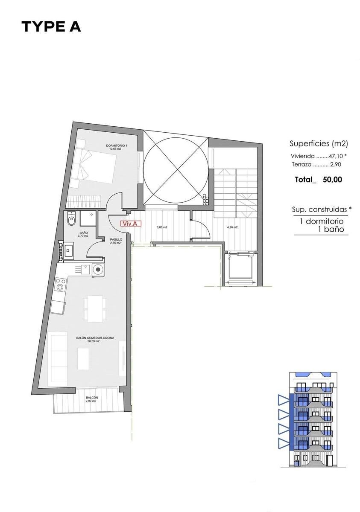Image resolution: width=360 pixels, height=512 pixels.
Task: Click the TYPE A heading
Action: [51, 27]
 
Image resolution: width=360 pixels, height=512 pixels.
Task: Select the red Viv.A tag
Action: [131, 224]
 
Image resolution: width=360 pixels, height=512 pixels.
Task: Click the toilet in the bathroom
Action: [71, 220]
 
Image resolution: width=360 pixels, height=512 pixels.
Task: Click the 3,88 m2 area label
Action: [162, 227]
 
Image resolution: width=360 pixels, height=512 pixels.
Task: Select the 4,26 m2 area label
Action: [232, 227]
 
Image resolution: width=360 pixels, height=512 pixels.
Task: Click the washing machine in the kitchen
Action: [98, 270]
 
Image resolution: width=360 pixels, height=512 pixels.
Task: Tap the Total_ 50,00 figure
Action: [319, 180]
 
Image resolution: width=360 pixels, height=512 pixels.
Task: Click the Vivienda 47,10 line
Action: [319, 156]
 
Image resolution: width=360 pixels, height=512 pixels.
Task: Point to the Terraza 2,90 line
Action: [316, 164]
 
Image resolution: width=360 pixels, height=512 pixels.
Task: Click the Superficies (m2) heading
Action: [319, 144]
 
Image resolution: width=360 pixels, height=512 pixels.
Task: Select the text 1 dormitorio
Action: [322, 221]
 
